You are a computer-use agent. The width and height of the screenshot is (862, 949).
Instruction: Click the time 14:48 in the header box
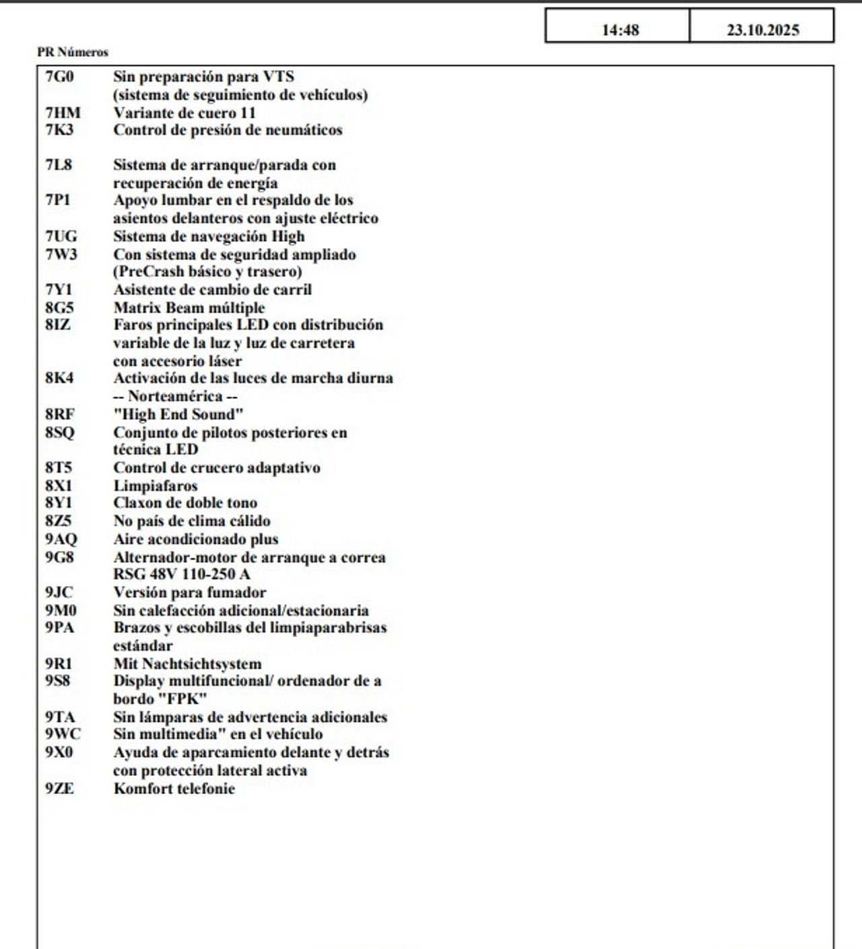click(620, 30)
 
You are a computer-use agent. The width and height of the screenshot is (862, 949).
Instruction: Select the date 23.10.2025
click(762, 30)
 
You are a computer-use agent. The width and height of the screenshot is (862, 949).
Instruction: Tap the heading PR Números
click(73, 52)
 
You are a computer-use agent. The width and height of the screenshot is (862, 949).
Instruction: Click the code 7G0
click(59, 77)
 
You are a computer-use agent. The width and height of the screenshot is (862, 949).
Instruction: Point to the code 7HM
click(63, 112)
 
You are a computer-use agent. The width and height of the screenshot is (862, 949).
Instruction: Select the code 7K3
click(59, 130)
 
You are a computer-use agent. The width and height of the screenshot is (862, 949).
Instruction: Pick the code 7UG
click(61, 236)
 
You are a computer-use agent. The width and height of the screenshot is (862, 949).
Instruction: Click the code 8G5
click(59, 308)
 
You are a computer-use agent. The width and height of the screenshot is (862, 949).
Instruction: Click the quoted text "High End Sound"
click(178, 414)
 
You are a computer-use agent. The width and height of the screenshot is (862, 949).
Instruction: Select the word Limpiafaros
click(156, 486)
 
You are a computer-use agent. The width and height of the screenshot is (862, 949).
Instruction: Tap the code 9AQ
click(61, 539)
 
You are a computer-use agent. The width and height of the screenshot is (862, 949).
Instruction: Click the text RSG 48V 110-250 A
click(182, 575)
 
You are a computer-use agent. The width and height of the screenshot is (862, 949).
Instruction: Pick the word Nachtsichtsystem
click(201, 663)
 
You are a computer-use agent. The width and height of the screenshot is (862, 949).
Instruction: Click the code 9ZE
click(60, 788)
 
